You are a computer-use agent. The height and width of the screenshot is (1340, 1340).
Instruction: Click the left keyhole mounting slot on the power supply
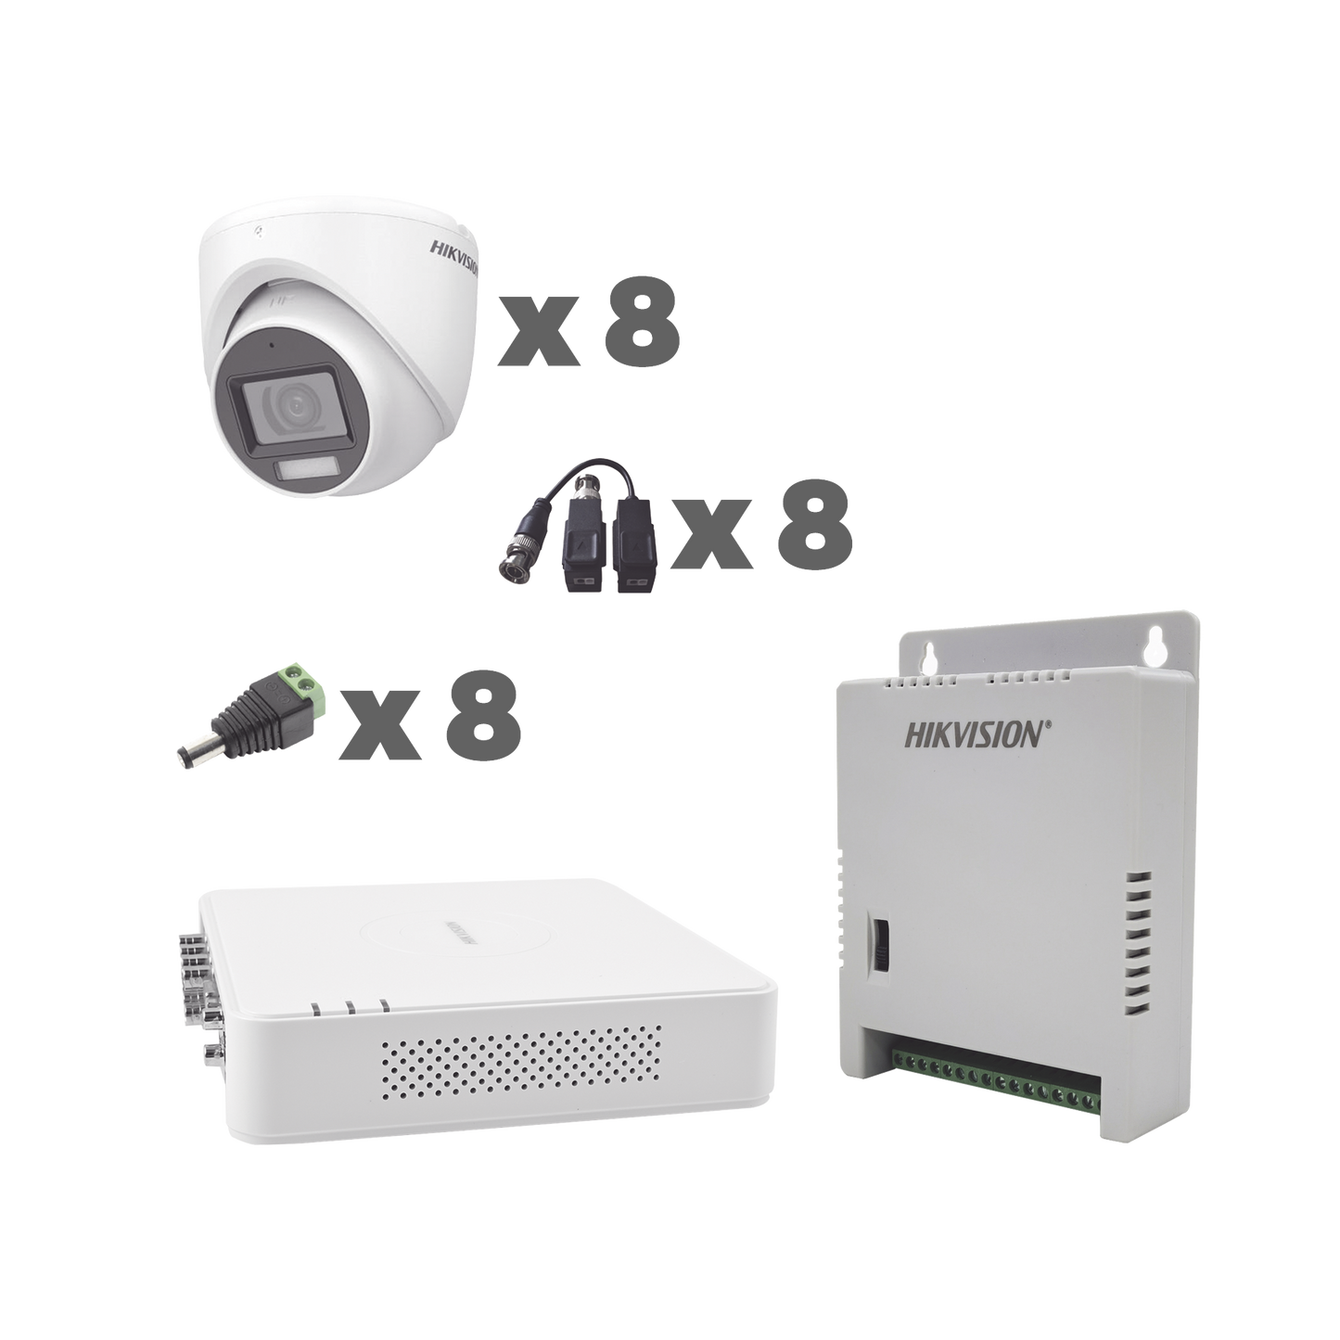pyautogui.click(x=925, y=659)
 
